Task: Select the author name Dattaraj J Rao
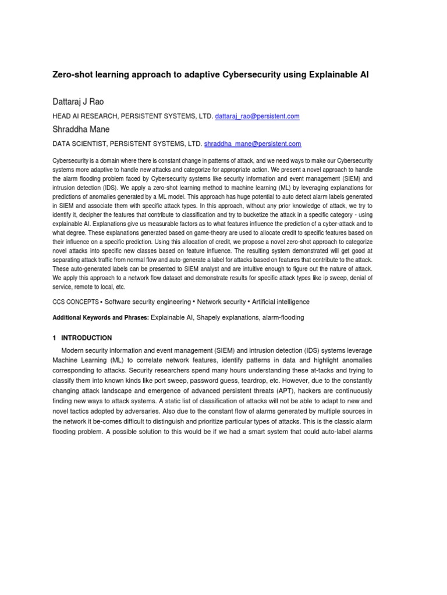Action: click(x=78, y=102)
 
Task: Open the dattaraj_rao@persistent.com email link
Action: click(x=257, y=116)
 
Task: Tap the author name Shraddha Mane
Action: click(x=81, y=130)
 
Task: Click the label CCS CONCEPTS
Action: click(x=76, y=302)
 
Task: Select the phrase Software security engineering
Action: click(x=148, y=302)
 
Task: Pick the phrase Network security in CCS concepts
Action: click(x=221, y=302)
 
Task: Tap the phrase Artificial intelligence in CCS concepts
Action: click(x=281, y=302)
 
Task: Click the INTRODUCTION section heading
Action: click(x=87, y=338)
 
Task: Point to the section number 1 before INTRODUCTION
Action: click(x=54, y=338)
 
